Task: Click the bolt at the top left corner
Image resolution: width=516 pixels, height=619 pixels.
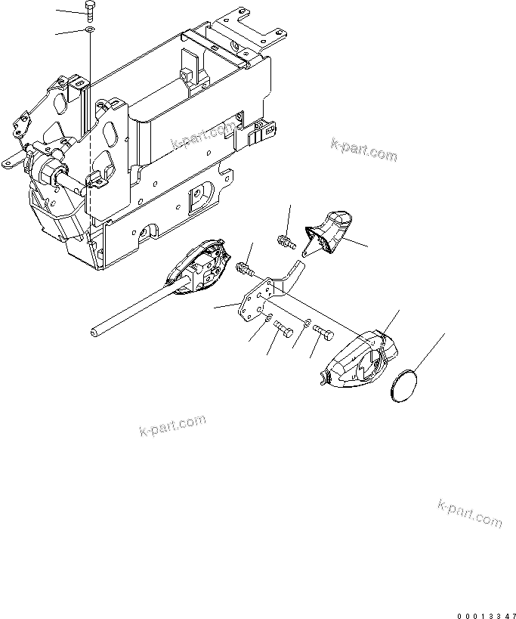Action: point(90,11)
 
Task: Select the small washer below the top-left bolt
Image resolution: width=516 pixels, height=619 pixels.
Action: point(90,30)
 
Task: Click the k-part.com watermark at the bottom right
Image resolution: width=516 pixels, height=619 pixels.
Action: point(469,512)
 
